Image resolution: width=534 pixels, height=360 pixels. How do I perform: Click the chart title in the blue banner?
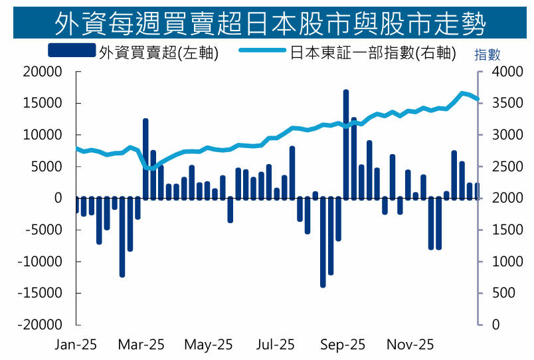click(267, 24)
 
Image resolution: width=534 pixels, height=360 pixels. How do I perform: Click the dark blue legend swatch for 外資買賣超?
click(72, 51)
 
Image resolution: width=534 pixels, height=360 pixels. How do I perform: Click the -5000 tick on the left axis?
click(44, 230)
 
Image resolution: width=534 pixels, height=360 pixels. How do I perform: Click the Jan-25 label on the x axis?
click(76, 345)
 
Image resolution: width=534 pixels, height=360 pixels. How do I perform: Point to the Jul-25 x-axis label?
click(275, 345)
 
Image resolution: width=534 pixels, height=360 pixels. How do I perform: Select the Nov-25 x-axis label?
click(410, 345)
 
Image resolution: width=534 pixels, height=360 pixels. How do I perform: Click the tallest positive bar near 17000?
click(346, 143)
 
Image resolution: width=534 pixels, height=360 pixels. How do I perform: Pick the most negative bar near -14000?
click(323, 242)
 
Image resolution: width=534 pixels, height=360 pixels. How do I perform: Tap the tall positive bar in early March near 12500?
click(145, 158)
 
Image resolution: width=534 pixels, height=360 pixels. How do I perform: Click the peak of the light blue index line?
click(462, 92)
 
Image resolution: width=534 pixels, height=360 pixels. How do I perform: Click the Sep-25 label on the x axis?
click(343, 345)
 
